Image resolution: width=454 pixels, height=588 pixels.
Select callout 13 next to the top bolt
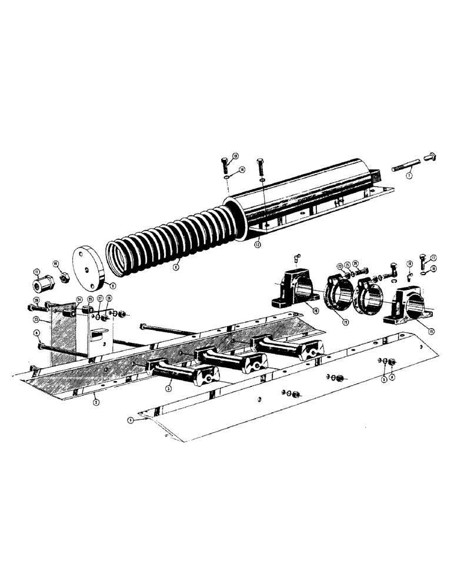(235, 156)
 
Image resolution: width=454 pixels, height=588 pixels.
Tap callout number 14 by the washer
(242, 170)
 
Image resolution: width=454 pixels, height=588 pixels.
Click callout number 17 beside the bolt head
(434, 257)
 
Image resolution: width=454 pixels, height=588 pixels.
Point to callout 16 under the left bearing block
(316, 310)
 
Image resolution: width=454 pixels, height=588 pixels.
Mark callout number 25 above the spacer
(91, 299)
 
